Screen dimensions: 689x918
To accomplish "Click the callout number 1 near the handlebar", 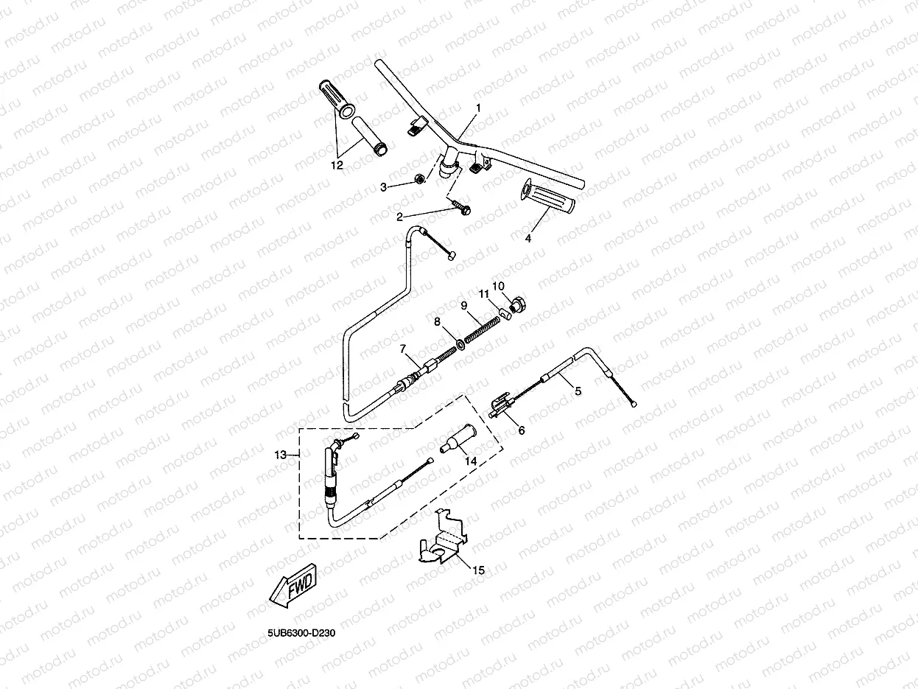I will (x=477, y=108).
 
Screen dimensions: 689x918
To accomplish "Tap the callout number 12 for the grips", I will (x=337, y=165).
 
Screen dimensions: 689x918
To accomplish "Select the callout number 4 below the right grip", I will (x=528, y=238).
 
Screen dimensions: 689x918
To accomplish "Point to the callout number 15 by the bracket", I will (x=479, y=570).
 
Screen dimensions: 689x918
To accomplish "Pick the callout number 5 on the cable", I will (x=578, y=391).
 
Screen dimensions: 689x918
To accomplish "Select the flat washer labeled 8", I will (x=459, y=343).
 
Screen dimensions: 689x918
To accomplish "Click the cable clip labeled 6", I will (x=502, y=405).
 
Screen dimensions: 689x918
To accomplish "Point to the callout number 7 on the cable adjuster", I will (x=403, y=348).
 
